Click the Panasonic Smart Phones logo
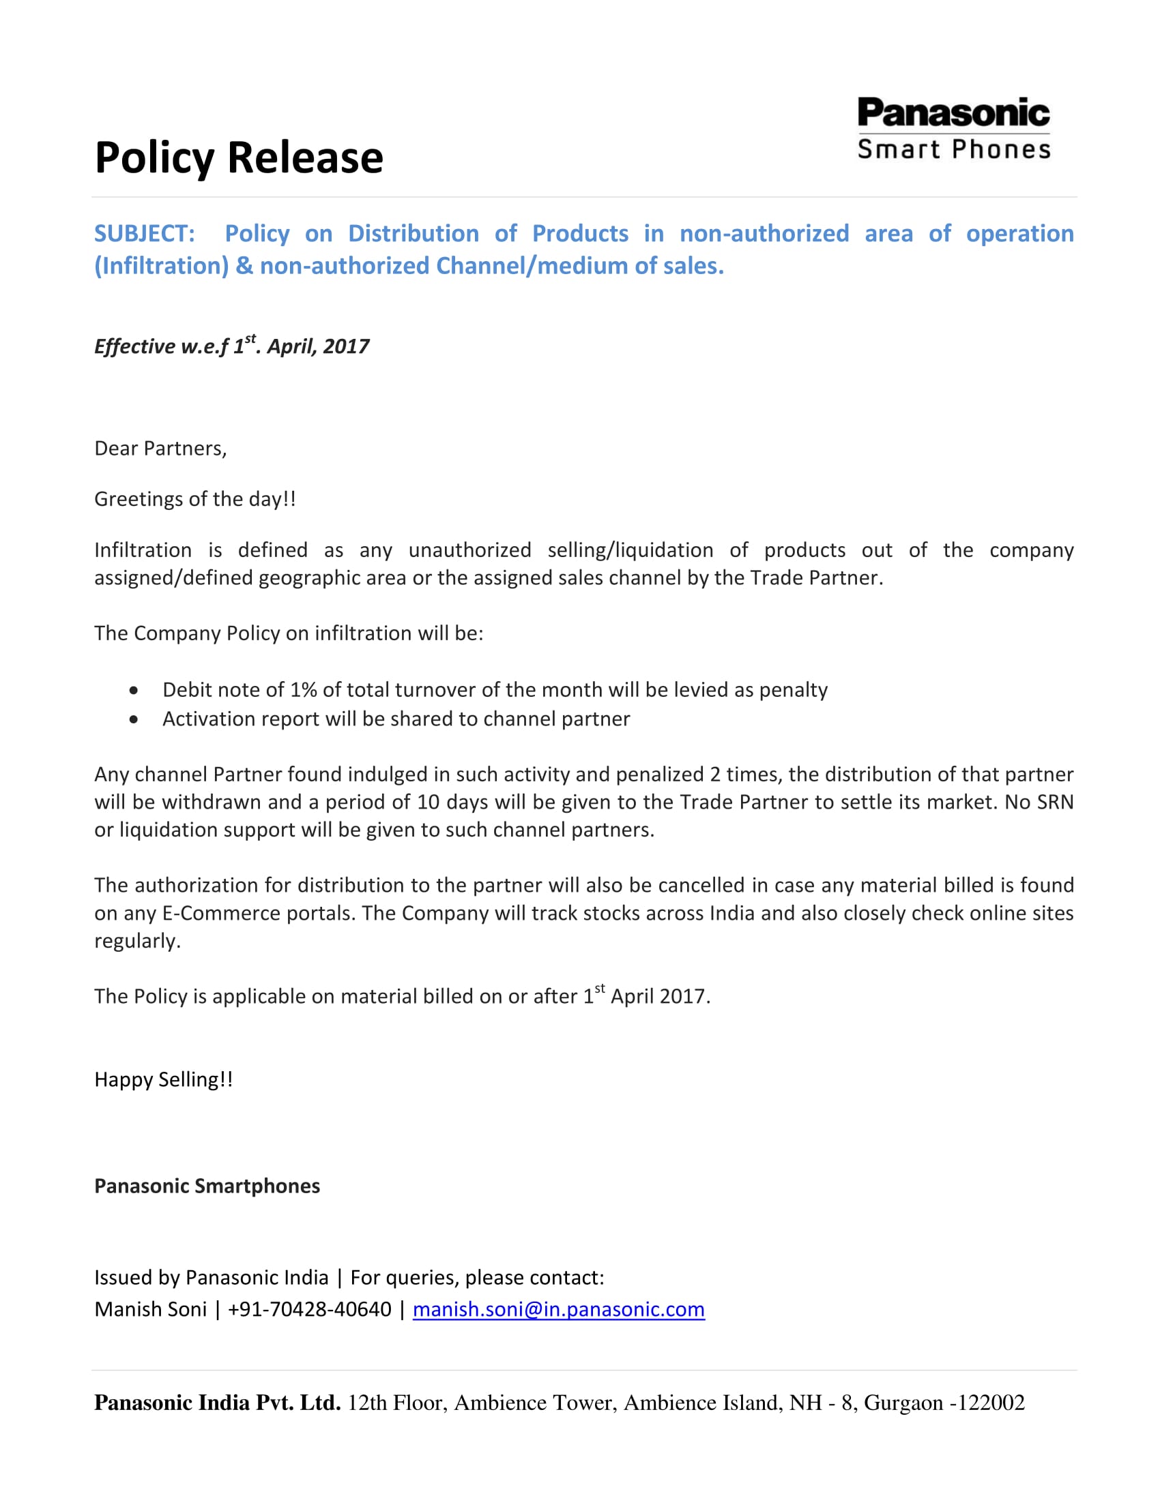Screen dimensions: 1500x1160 coord(953,129)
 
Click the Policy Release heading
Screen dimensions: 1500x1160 coord(238,157)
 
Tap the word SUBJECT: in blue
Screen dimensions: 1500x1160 coord(144,233)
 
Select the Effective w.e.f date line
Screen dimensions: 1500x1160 coord(231,346)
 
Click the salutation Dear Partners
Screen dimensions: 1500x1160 coord(160,449)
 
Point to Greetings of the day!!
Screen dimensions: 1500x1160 coord(195,498)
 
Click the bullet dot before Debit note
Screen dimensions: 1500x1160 coord(133,689)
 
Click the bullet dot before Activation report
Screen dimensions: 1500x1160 coord(133,719)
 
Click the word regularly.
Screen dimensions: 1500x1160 coord(136,941)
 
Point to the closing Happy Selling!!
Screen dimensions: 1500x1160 coord(164,1080)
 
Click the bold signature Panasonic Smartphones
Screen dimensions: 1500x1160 coord(207,1186)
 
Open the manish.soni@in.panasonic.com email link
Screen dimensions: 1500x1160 coord(558,1310)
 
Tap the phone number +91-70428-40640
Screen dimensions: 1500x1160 coord(309,1310)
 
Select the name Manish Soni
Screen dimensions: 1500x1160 coord(151,1310)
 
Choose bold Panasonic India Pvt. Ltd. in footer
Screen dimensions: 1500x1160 coord(217,1402)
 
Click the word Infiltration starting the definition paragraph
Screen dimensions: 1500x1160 coord(143,550)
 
